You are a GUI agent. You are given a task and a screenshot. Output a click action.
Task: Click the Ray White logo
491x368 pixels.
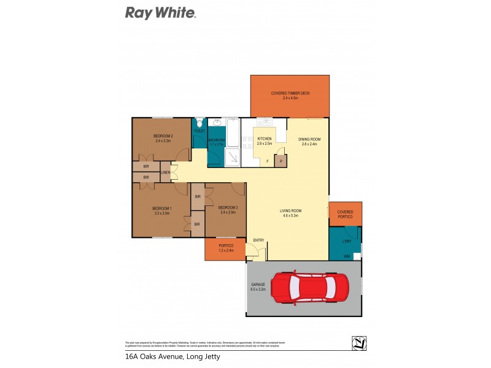[x=160, y=13]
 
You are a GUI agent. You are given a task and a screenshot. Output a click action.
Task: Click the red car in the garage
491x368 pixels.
[x=311, y=289]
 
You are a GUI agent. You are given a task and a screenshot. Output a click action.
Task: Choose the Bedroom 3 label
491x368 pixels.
[x=228, y=209]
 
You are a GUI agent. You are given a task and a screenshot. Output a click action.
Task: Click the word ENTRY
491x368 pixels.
[x=258, y=240]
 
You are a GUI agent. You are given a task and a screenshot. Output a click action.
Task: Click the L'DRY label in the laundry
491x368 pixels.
[x=346, y=241]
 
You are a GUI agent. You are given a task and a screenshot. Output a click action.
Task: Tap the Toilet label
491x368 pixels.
[x=199, y=131]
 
